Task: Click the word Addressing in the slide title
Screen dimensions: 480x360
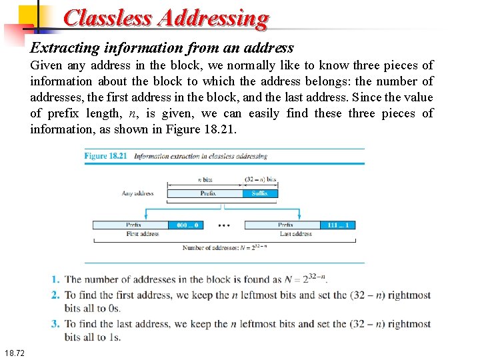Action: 213,18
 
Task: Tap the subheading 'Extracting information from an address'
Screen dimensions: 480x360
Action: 162,48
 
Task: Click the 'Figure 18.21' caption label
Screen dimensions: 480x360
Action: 105,156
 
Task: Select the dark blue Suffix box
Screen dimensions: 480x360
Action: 260,193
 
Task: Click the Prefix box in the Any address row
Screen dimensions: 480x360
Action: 208,193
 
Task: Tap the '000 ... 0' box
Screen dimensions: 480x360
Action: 189,225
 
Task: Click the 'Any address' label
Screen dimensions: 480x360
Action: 137,193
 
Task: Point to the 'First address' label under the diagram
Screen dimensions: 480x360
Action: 142,234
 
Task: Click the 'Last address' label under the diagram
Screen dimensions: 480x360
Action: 296,234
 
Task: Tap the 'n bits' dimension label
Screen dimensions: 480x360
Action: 205,180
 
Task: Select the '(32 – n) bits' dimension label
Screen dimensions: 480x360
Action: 261,180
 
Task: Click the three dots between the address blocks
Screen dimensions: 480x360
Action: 225,225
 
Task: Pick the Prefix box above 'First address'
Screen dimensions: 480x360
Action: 133,225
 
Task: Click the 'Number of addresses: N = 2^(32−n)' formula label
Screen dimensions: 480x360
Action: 224,248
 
